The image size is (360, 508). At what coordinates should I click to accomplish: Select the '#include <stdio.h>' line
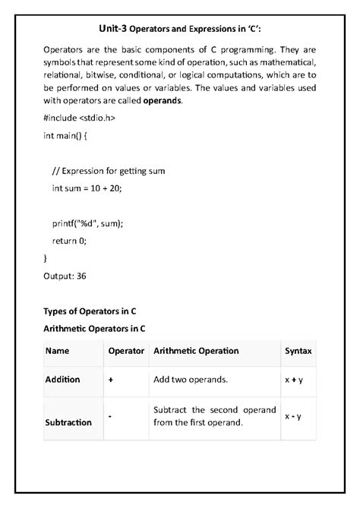[79, 118]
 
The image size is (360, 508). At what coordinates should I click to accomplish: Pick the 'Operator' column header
[126, 351]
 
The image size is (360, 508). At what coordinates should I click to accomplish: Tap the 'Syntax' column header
[297, 351]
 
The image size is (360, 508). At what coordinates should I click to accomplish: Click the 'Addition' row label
[62, 379]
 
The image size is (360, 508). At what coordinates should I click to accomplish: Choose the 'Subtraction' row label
[68, 422]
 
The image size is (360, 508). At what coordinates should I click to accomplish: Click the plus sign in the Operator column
[111, 379]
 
